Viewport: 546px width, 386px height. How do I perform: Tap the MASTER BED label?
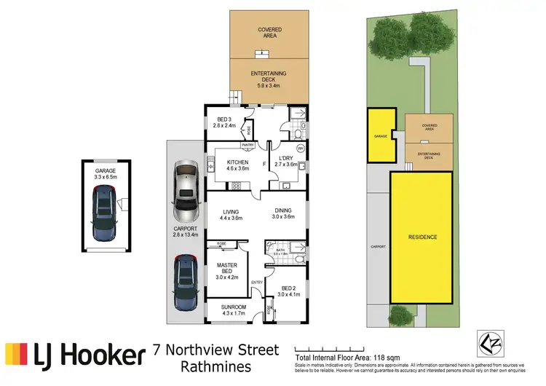click(227, 269)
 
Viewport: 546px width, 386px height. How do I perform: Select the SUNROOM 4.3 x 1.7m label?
click(234, 310)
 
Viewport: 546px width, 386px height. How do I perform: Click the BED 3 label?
click(225, 122)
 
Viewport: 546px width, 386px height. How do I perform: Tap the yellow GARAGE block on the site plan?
click(379, 135)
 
